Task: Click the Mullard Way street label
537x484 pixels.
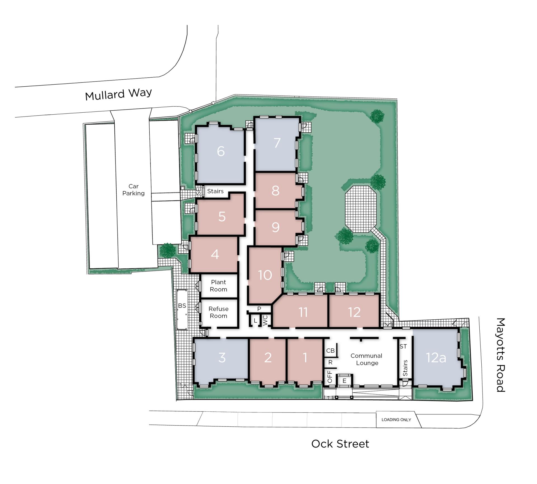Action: (119, 94)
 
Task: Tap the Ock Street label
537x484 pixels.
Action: (340, 444)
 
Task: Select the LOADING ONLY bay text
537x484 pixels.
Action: (396, 420)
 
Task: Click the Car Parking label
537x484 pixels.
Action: (133, 190)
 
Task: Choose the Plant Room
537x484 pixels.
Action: (218, 286)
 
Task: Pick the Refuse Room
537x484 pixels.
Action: (218, 312)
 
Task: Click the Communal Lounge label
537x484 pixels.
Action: (366, 359)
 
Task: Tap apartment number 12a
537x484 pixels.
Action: (436, 357)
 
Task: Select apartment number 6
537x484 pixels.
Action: (221, 151)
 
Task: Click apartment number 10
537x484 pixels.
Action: (265, 275)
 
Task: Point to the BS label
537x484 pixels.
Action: (182, 306)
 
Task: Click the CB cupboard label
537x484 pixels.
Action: (330, 351)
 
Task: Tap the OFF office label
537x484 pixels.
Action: (329, 377)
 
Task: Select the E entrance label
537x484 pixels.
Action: (344, 381)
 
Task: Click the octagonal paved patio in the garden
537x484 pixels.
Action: (361, 209)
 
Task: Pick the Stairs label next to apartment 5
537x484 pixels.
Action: (215, 191)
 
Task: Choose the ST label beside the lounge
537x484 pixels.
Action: (403, 347)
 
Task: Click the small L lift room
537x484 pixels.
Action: (255, 321)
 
